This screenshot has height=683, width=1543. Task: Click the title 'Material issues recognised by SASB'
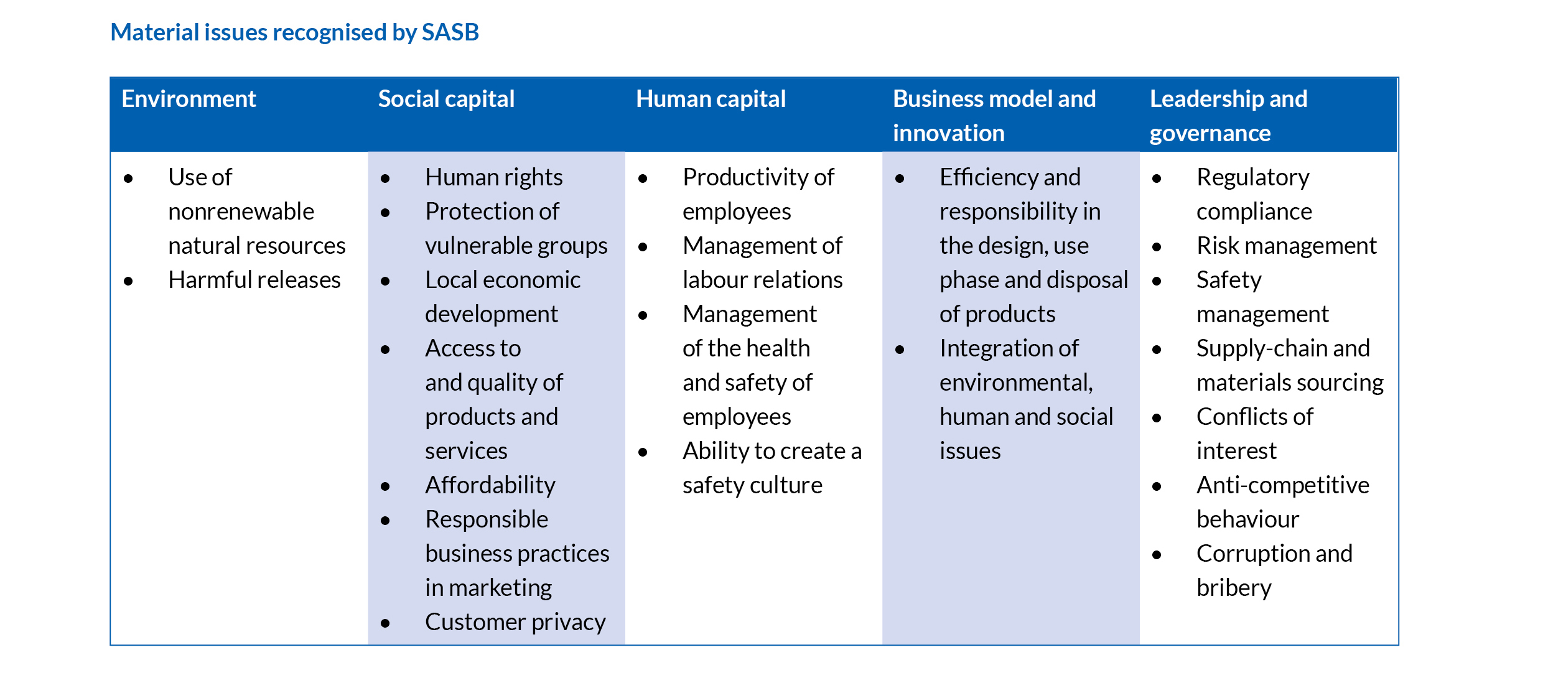point(294,32)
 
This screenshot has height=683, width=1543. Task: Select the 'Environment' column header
point(189,99)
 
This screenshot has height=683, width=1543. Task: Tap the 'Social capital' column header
point(446,99)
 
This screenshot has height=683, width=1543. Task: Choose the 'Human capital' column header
point(711,99)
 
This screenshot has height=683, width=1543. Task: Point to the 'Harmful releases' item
point(254,280)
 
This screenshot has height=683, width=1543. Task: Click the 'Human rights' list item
point(494,177)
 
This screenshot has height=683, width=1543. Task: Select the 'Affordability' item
point(490,485)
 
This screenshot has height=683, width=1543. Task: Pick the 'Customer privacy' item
point(515,622)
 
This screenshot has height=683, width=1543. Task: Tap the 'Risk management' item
point(1287,246)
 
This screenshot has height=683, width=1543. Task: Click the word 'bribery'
point(1234,588)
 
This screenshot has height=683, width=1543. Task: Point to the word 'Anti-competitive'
point(1283,485)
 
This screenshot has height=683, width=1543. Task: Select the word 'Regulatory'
point(1253,177)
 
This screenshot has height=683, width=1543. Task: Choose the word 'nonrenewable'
point(241,211)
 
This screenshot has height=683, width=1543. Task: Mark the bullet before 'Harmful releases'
point(128,281)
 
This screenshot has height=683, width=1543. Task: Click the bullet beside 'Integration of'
point(900,350)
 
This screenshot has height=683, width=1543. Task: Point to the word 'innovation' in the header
point(949,133)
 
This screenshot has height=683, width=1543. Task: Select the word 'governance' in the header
point(1210,134)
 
